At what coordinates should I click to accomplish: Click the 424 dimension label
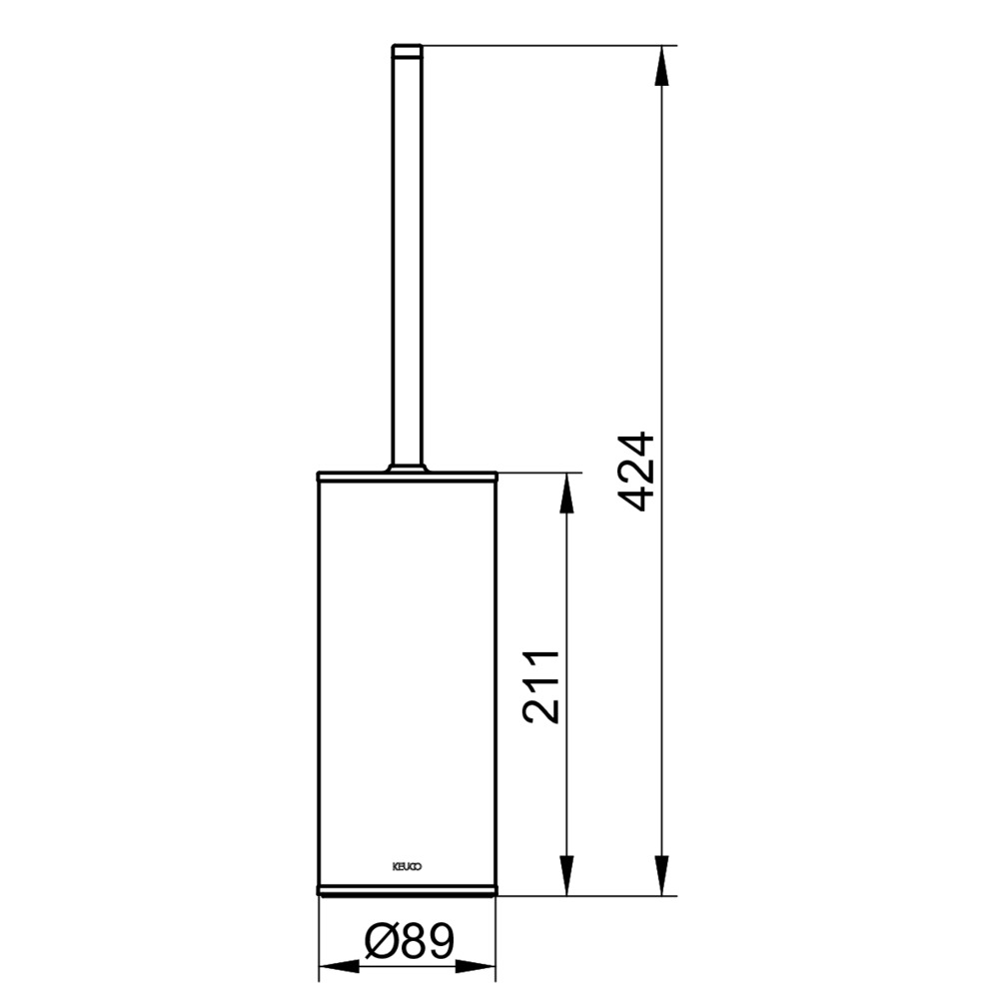pyautogui.click(x=638, y=473)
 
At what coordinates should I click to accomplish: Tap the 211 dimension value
pyautogui.click(x=541, y=687)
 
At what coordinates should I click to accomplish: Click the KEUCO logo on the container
pyautogui.click(x=407, y=867)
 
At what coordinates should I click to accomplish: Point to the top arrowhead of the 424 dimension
pyautogui.click(x=662, y=66)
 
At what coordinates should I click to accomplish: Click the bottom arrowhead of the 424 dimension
pyautogui.click(x=662, y=875)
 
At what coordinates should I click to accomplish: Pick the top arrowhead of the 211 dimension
pyautogui.click(x=566, y=494)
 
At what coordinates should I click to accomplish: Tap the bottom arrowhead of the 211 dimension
pyautogui.click(x=566, y=875)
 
